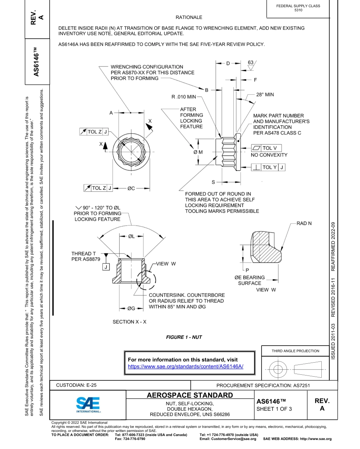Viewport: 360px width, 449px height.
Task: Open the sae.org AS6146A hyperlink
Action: point(185,366)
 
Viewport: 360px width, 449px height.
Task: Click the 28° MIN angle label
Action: point(265,94)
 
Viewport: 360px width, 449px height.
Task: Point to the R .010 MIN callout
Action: point(184,97)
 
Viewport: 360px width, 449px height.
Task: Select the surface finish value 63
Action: point(250,62)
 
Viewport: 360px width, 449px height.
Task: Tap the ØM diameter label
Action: point(198,152)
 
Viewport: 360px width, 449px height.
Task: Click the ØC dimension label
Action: point(131,188)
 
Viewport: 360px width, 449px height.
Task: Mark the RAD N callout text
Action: point(304,224)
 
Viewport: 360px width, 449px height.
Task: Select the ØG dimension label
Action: point(131,308)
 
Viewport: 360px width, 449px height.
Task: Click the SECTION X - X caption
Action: point(129,322)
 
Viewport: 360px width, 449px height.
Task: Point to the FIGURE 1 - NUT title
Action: point(184,337)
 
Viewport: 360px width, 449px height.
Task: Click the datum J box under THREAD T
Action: point(106,267)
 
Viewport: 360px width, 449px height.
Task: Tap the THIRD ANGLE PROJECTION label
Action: point(295,351)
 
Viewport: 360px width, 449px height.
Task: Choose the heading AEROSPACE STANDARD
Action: point(190,396)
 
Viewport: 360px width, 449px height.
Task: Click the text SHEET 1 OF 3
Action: point(274,409)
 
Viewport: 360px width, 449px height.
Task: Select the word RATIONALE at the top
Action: point(189,17)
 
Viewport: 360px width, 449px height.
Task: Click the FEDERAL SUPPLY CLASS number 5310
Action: point(298,10)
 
